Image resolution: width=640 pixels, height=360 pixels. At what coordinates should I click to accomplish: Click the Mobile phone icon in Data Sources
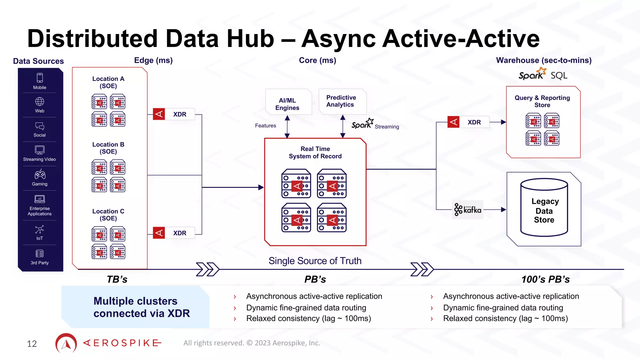point(40,78)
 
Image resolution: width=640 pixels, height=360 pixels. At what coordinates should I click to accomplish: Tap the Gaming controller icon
point(40,174)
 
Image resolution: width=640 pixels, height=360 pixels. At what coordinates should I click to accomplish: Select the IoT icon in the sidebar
point(39,230)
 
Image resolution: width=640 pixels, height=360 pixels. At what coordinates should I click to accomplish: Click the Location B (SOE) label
point(108,148)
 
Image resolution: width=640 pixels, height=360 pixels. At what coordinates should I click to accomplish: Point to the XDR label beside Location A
point(180,114)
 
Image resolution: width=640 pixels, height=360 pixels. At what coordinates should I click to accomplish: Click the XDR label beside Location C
point(180,233)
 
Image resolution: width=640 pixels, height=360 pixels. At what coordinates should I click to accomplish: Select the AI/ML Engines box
point(287,104)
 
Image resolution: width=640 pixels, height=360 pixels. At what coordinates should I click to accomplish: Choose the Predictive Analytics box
point(341,101)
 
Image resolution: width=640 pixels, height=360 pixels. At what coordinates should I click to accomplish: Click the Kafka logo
point(467,210)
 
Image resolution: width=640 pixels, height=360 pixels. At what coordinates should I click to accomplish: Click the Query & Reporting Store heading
point(542,101)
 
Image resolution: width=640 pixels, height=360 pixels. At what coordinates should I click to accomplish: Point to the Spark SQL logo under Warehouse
point(542,75)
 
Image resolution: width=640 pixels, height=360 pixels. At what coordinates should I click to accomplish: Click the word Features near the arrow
point(265,126)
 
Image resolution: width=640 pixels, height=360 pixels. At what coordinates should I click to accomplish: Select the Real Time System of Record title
point(315,152)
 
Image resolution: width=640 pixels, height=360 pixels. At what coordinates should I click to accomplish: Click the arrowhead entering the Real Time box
point(261,187)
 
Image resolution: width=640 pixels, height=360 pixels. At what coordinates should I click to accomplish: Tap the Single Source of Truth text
point(315,261)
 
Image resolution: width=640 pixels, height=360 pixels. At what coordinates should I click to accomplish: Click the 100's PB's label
point(545,279)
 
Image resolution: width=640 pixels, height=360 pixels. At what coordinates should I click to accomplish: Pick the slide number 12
point(32,344)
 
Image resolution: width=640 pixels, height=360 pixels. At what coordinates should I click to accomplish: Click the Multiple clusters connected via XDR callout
point(141,307)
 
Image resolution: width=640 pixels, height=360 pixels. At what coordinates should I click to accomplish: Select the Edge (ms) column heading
point(153,60)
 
